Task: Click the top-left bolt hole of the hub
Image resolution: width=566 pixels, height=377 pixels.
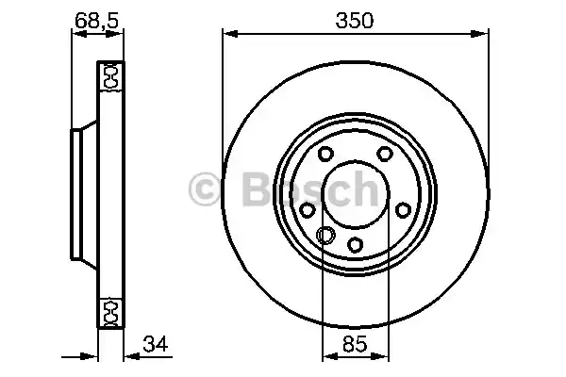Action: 325,155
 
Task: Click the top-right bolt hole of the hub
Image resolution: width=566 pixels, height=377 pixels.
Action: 385,155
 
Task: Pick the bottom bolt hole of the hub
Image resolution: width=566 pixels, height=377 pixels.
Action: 356,245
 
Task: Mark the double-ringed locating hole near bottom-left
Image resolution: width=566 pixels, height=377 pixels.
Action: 325,236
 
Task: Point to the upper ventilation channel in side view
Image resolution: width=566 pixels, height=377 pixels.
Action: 110,76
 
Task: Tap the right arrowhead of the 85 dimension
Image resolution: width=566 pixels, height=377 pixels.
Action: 383,357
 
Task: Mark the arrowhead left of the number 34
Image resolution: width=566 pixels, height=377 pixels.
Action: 129,357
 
